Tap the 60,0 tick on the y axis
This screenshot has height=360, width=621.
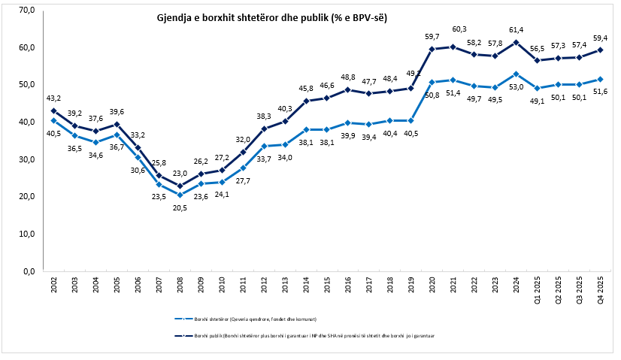point(27,47)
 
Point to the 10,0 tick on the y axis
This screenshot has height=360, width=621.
point(27,234)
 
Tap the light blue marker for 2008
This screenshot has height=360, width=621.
point(180,195)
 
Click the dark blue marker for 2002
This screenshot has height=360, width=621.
point(53,110)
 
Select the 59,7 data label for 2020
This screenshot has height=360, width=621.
point(432,36)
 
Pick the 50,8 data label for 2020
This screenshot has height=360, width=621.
point(432,95)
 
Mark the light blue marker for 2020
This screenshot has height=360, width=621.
point(432,82)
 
